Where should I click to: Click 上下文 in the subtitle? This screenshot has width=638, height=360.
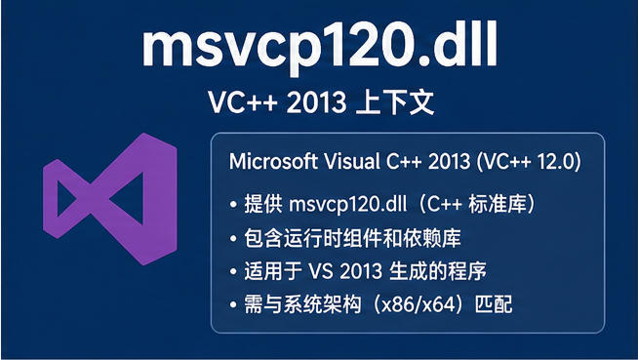(394, 102)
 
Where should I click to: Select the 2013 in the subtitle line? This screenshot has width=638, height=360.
(316, 102)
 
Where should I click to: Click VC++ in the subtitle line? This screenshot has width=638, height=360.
(243, 102)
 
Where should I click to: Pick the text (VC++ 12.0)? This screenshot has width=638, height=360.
(528, 162)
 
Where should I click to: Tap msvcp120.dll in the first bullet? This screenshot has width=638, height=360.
(348, 204)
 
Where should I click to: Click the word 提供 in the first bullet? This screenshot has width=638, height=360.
(262, 204)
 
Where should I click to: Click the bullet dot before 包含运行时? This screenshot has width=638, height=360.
(233, 238)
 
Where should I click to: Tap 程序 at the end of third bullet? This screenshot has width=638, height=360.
(467, 271)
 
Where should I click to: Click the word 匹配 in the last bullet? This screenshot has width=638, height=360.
(494, 304)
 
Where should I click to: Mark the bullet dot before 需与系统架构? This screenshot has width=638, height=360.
(233, 304)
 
